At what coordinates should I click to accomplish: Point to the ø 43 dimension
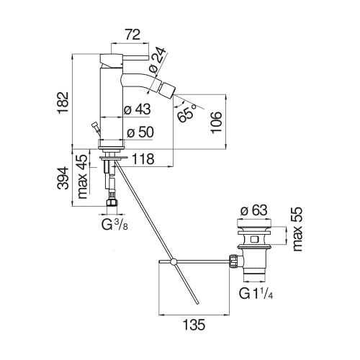point(137,109)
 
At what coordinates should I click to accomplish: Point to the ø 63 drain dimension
point(254,210)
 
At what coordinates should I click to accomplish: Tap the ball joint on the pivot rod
point(174,261)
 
